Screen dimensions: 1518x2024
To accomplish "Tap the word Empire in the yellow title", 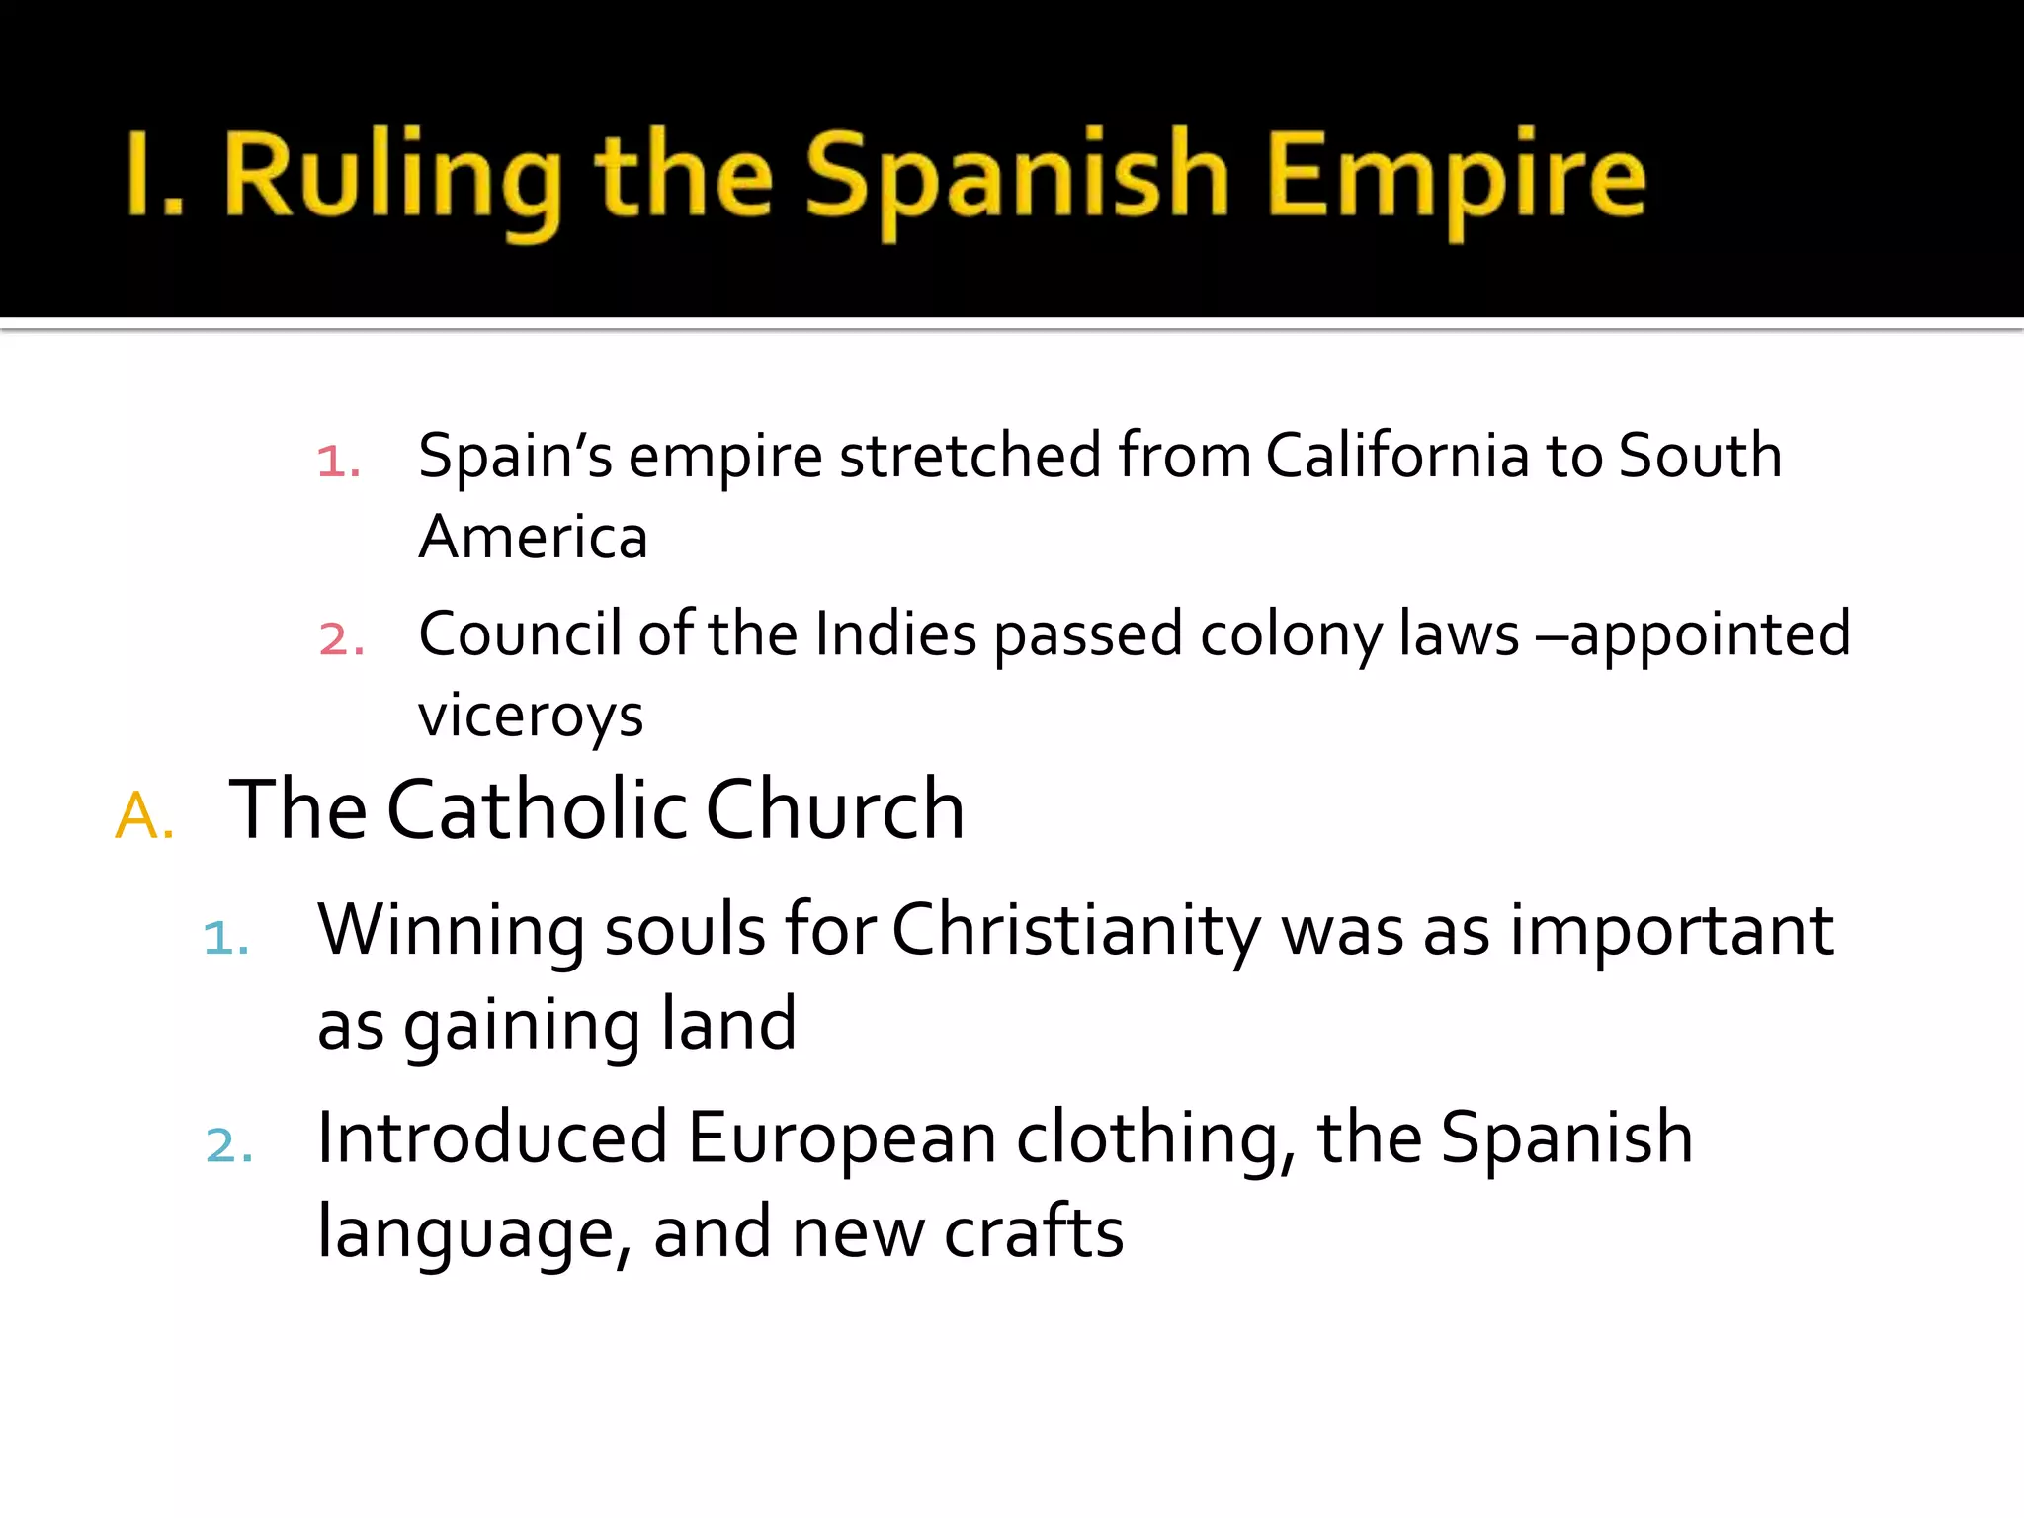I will coord(1457,178).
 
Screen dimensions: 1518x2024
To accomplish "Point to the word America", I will coord(534,538).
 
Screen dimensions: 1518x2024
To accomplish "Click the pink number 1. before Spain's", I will coord(338,461).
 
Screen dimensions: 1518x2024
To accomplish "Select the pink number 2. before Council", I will coord(341,638).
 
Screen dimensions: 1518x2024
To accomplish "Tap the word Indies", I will coord(895,634).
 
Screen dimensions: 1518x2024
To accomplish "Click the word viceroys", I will coord(531,716).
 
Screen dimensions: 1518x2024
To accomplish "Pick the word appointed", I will coord(1710,634).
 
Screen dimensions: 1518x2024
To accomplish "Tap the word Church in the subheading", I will coord(835,809).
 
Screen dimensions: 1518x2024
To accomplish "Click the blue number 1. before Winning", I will coord(225,937).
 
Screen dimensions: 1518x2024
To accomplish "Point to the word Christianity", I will coord(1076,931).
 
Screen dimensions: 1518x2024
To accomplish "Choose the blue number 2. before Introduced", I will coord(229,1144).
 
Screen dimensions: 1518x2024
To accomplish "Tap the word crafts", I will coord(1034,1232).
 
